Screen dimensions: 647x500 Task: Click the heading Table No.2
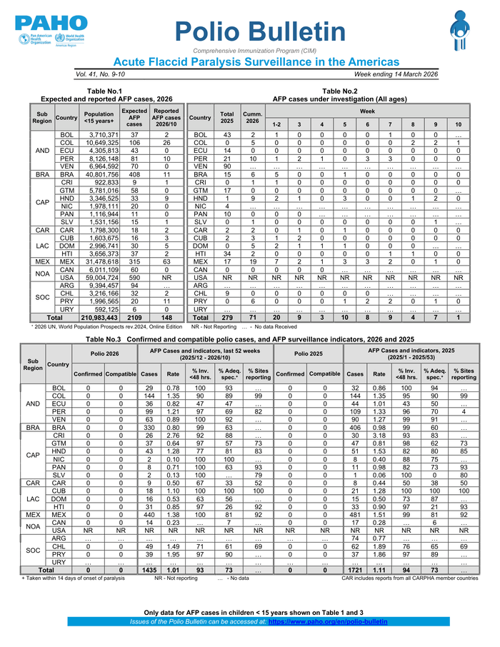(339, 91)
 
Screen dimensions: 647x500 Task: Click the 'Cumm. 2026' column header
(252, 118)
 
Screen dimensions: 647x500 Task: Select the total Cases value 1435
(149, 571)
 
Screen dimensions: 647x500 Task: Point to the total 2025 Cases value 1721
(354, 571)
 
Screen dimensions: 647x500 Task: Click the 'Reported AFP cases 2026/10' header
(166, 117)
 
